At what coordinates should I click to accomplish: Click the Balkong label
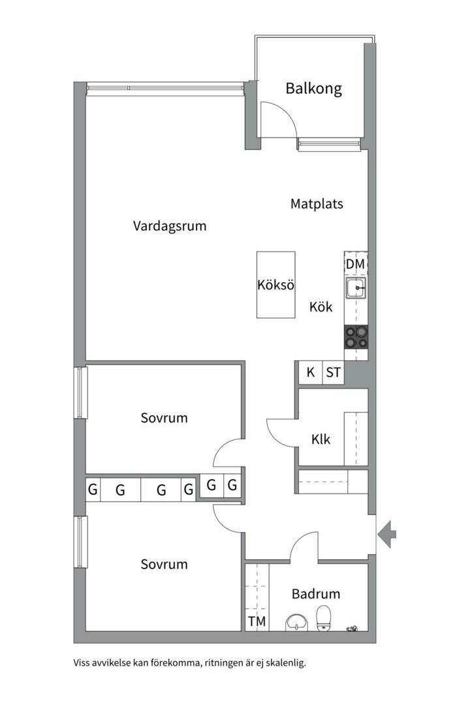coord(313,89)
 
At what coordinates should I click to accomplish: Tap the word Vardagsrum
coord(170,226)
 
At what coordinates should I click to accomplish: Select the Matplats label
coord(317,204)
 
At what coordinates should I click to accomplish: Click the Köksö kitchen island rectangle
coord(275,285)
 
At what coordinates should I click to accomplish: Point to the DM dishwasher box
coord(355,264)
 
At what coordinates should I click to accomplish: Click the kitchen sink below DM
coord(356,287)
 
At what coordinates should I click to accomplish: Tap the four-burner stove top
coord(356,336)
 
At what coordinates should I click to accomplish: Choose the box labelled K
coord(311,373)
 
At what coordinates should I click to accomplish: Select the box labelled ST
coord(333,373)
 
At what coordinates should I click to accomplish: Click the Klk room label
coord(321,439)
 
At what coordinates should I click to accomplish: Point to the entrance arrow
coord(388,534)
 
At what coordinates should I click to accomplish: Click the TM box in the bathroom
coord(257,622)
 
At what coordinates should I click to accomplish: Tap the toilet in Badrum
coord(324,619)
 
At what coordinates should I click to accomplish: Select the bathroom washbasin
coord(297,623)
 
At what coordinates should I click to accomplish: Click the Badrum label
coord(316,594)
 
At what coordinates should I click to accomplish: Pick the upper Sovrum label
coord(164,418)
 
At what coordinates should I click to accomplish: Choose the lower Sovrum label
coord(164,565)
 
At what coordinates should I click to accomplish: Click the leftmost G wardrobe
coord(93,490)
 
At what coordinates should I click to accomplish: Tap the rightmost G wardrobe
coord(232,485)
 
